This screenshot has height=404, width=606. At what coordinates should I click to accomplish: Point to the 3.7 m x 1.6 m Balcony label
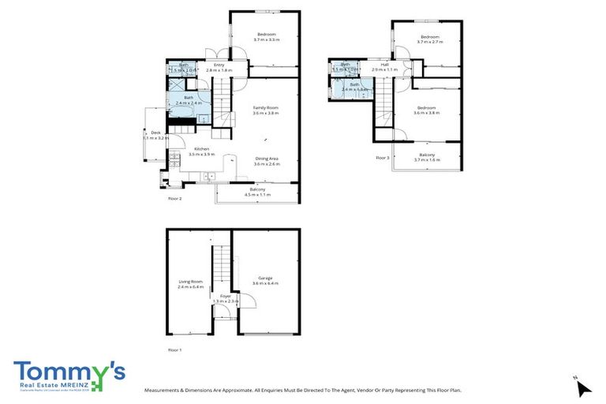(x=427, y=157)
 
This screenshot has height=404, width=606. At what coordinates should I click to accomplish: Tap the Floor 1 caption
(x=174, y=349)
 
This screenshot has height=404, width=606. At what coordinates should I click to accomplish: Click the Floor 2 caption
(x=174, y=199)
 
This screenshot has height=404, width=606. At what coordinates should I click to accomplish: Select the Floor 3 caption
(x=383, y=158)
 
